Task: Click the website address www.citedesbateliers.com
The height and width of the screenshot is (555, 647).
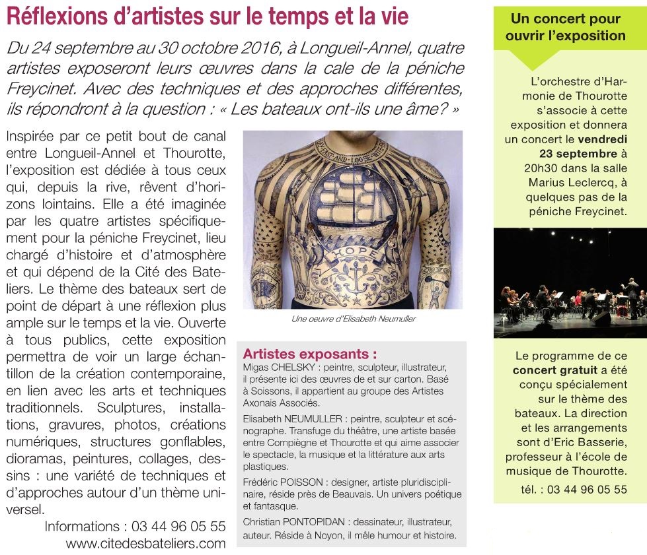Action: tap(145, 543)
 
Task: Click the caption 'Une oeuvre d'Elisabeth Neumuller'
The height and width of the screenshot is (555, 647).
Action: tap(353, 319)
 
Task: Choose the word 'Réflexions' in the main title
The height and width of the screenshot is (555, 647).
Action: tap(54, 16)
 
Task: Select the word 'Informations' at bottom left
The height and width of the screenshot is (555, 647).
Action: tap(83, 526)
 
